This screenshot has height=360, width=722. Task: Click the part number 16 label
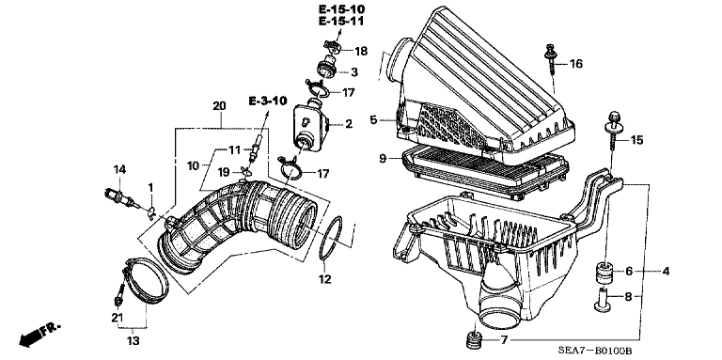click(x=576, y=64)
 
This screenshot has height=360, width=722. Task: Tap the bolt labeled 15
click(x=613, y=131)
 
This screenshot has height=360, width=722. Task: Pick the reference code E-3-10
click(x=268, y=101)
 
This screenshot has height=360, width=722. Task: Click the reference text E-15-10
click(x=341, y=8)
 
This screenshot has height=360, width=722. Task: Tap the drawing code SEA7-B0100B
click(x=594, y=351)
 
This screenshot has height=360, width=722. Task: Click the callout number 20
click(x=219, y=106)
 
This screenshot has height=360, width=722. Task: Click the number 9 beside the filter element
click(x=383, y=158)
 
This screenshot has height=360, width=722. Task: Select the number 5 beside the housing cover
click(x=373, y=119)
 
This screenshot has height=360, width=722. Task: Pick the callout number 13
click(x=133, y=341)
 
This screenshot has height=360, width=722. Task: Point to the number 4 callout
click(x=666, y=271)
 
